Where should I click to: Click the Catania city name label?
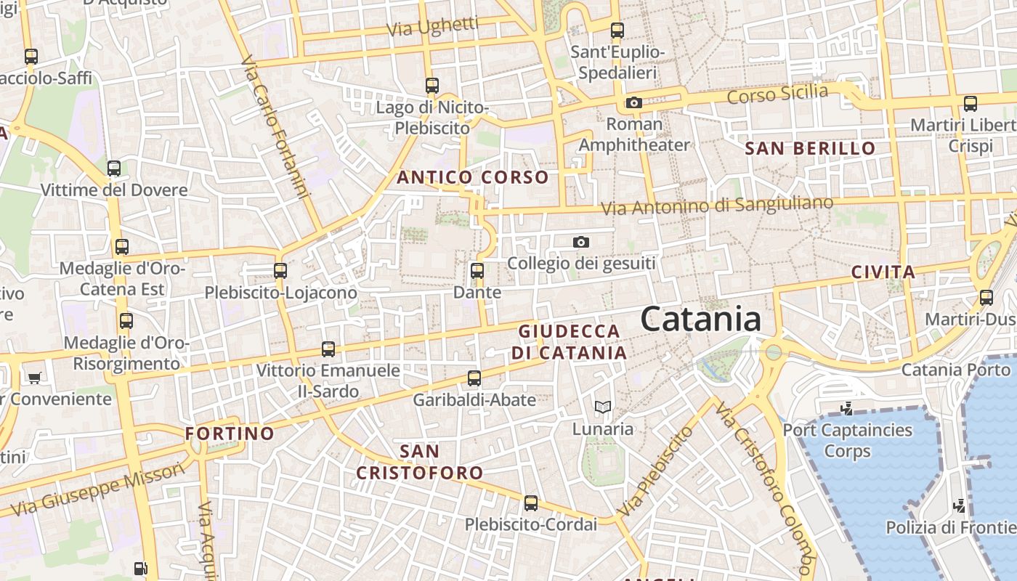point(701,320)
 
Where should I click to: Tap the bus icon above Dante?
point(477,271)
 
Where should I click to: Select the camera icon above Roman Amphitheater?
point(634,103)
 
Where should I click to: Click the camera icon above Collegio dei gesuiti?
point(581,242)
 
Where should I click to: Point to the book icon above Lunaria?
point(603,407)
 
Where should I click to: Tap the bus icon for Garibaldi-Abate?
point(474,378)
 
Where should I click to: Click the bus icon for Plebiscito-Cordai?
point(531,503)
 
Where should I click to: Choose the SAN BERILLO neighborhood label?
point(811,149)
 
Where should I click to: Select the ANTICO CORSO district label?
point(473,177)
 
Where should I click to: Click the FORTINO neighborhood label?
point(230,434)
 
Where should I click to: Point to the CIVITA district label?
point(883,272)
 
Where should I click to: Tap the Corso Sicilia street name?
point(777,94)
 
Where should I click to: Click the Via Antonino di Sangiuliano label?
point(717,206)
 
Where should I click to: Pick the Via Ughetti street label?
point(433,27)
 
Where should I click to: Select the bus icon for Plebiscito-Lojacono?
point(280,271)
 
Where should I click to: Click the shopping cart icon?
point(34,378)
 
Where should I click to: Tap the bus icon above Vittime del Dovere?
point(114,168)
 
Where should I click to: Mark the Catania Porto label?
point(956,370)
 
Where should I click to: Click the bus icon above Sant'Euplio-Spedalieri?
point(617,31)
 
